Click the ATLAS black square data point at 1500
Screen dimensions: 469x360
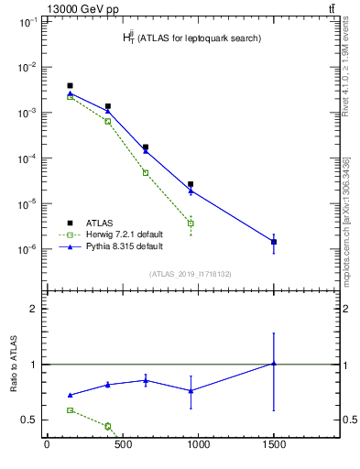274,242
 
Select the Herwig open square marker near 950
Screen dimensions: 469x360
191,224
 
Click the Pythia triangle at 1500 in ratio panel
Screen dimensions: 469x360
274,364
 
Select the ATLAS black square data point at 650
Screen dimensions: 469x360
146,147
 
